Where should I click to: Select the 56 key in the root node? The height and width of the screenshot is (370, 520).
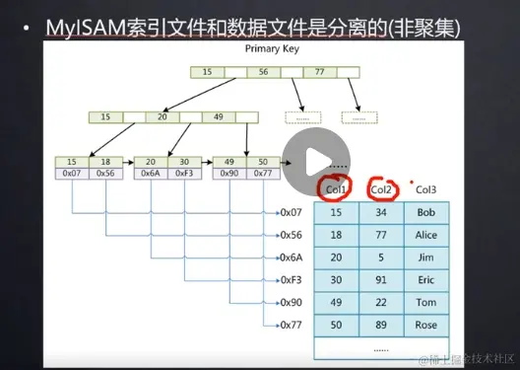[263, 71]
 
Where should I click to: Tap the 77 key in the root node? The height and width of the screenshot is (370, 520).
[319, 71]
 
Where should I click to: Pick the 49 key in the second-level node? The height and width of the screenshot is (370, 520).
[218, 115]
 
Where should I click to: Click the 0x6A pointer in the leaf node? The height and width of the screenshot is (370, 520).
[150, 173]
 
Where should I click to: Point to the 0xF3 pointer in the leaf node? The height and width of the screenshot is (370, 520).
[182, 173]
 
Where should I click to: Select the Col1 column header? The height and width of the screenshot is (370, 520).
[335, 188]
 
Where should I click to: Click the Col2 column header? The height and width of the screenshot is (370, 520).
[380, 188]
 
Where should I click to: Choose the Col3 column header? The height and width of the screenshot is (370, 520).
[426, 188]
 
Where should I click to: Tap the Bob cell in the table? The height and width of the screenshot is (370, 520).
[426, 212]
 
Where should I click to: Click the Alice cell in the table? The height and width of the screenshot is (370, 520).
[426, 236]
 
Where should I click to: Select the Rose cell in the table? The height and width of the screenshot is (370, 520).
[426, 325]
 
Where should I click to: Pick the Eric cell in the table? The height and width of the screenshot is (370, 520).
[426, 279]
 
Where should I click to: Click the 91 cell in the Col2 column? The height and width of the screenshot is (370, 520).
[380, 279]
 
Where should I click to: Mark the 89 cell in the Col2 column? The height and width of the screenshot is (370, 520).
[380, 325]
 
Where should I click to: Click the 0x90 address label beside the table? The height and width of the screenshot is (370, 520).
[291, 302]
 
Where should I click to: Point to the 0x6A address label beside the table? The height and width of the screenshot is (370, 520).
[291, 258]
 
